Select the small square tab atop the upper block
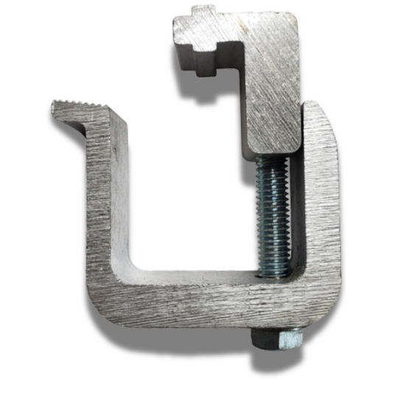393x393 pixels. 203,13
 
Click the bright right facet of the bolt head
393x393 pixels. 292,338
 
